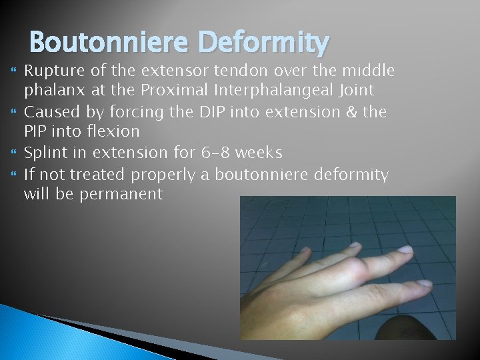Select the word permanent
click(130, 194)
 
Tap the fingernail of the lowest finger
click(424, 283)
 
